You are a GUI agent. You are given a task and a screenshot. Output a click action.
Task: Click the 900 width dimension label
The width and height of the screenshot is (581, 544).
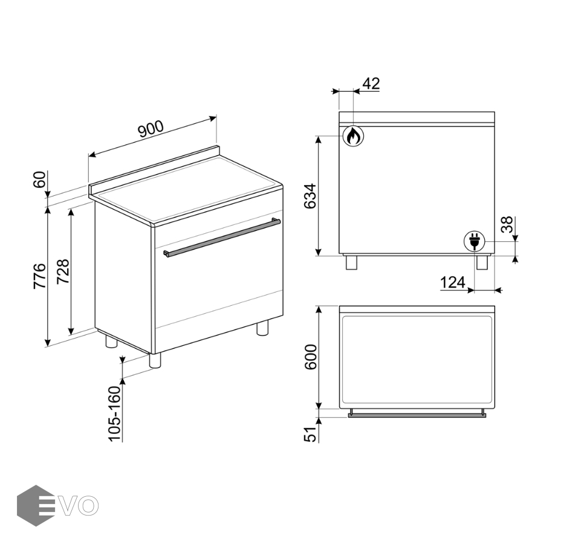pos(151,129)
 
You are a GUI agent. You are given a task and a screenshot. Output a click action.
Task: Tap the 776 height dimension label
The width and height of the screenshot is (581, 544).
pos(40,276)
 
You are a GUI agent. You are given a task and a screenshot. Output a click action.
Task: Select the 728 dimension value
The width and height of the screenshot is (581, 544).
pos(63,271)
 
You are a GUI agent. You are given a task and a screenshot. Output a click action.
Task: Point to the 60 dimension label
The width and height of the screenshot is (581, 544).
pos(40,180)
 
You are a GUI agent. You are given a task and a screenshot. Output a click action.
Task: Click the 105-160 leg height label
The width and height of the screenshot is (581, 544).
pos(115,413)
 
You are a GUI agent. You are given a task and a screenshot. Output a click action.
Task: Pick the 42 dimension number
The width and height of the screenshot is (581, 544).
pos(371,84)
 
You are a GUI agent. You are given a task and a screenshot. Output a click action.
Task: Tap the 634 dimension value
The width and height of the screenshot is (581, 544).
pos(311,196)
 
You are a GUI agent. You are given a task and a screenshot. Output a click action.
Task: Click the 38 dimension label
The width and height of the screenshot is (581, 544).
pos(507,224)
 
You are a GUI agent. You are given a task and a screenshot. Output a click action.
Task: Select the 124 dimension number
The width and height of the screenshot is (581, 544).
pos(453,283)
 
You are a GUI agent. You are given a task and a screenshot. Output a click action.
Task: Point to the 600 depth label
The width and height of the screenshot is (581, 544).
pos(311,357)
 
